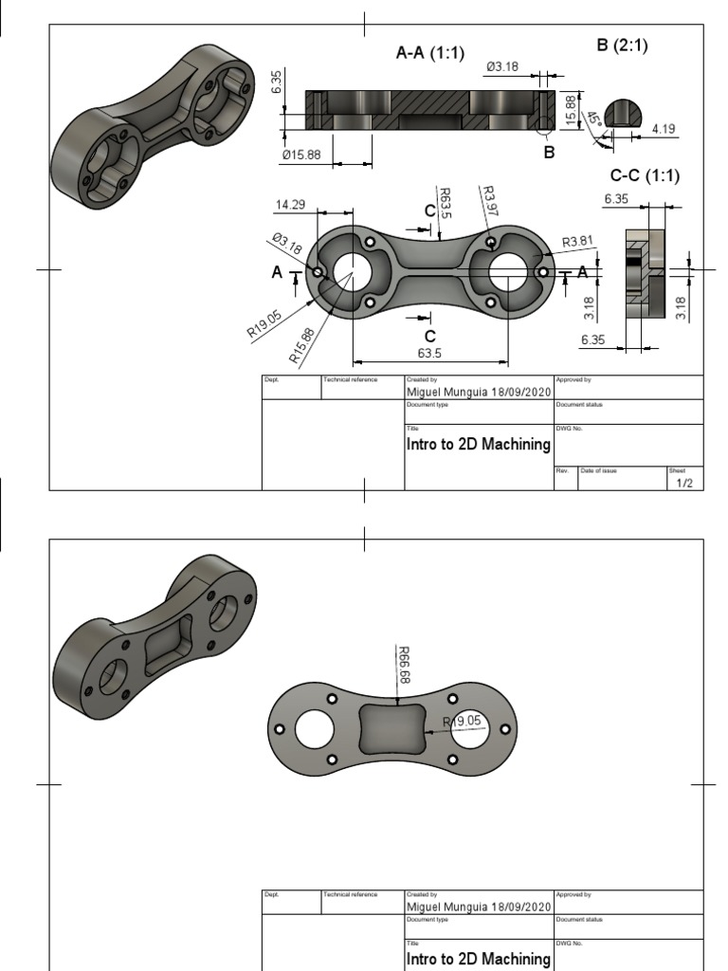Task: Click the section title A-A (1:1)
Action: click(429, 54)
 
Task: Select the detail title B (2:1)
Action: click(623, 46)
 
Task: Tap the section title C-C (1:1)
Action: click(645, 175)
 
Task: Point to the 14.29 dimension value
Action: click(290, 205)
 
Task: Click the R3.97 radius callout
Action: click(489, 200)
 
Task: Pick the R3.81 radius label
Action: click(577, 242)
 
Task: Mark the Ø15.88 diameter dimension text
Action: click(302, 156)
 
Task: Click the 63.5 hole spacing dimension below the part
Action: click(429, 353)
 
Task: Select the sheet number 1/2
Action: click(684, 483)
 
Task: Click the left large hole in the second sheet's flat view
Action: click(313, 728)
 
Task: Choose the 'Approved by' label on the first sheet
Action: click(573, 379)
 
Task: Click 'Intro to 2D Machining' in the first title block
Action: click(478, 444)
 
